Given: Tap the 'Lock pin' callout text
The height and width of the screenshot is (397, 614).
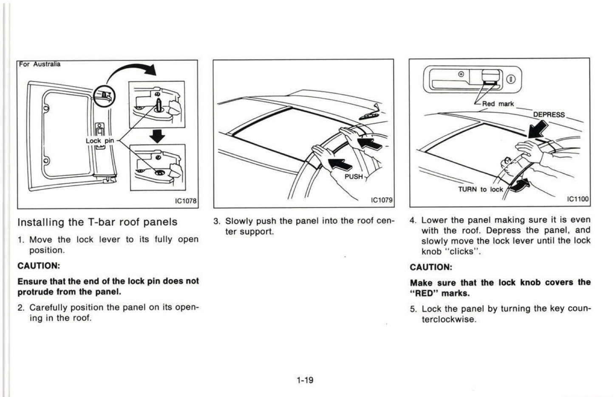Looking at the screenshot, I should click(x=99, y=141).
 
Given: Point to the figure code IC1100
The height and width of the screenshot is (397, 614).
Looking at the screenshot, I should click(x=578, y=199).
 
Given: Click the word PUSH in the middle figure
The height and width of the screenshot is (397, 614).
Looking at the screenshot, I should click(x=354, y=176).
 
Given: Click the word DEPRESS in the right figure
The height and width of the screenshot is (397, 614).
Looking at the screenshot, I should click(x=549, y=115).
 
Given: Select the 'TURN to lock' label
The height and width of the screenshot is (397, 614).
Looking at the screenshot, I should click(x=480, y=190).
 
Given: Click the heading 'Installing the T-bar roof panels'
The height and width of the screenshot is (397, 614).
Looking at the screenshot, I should click(x=97, y=222).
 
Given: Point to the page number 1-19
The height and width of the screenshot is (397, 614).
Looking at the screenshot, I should click(x=305, y=380).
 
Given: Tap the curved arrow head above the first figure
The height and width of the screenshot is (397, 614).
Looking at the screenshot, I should click(x=150, y=69).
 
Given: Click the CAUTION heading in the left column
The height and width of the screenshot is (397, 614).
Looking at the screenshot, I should click(x=39, y=266).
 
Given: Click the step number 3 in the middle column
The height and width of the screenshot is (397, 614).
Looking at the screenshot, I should click(x=217, y=221).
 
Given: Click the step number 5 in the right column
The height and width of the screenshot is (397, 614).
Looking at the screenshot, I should click(x=413, y=309).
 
